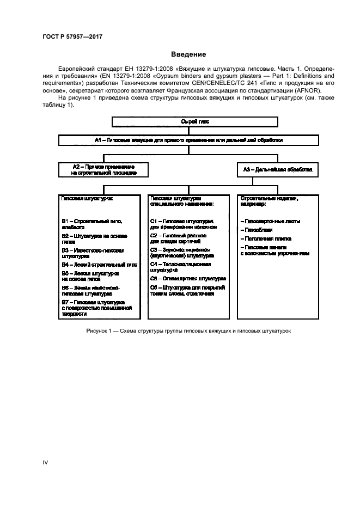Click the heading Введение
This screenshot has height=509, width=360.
point(188,54)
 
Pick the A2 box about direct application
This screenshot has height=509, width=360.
point(103,169)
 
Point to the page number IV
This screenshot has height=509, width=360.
point(46,463)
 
